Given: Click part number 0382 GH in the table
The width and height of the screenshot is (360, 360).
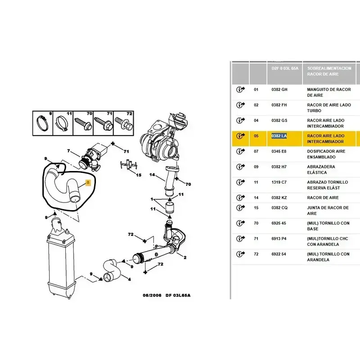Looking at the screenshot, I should pos(279,90).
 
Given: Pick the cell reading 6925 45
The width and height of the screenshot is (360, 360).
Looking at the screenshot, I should pos(279,223).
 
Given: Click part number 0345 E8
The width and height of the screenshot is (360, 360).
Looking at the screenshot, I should pos(279,151).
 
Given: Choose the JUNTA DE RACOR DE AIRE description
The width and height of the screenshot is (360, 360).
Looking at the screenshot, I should pos(328,211).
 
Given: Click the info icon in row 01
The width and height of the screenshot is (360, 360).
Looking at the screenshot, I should pos(240,90).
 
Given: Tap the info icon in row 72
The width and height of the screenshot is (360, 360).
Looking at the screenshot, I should pos(240,254).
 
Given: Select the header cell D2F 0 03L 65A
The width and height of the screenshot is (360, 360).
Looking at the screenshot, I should pos(283,68).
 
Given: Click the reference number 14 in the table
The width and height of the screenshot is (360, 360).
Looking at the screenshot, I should pos(256,198).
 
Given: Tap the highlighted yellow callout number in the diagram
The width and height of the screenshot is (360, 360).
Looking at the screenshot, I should pos(88,182).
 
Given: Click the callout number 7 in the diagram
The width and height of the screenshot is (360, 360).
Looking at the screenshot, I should pos(68,151).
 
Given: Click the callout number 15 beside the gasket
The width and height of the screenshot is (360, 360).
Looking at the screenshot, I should pos(139,175).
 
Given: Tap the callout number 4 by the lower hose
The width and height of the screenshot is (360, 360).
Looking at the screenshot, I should pos(130,279).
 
